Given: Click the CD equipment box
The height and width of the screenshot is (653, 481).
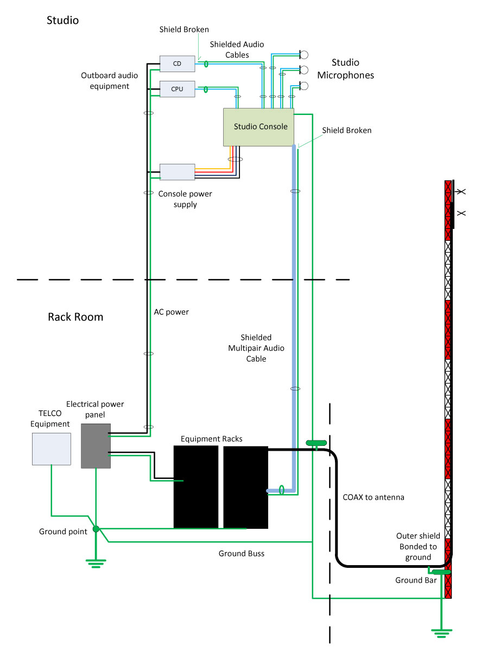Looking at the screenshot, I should (x=177, y=63).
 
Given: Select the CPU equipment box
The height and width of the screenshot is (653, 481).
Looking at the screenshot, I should (x=177, y=88).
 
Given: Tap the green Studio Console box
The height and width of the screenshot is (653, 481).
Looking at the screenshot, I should (x=258, y=127).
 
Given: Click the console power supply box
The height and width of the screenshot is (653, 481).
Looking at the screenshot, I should (x=177, y=171).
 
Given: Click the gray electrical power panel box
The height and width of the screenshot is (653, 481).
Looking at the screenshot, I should (x=96, y=446).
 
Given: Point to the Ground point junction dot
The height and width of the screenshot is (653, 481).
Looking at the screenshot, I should (x=96, y=528).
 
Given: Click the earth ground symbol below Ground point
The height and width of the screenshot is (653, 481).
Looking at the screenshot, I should (x=96, y=563).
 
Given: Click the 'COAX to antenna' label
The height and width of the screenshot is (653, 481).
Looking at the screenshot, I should (x=374, y=497).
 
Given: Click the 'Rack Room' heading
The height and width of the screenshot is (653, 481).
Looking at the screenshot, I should (x=75, y=317).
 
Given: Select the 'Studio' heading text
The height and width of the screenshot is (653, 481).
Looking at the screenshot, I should (x=63, y=21).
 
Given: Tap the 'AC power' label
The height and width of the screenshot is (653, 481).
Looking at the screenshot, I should (x=172, y=312).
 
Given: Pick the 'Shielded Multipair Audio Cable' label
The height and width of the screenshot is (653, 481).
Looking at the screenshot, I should (x=256, y=348).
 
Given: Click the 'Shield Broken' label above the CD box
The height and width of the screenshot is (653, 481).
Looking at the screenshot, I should (x=184, y=29).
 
